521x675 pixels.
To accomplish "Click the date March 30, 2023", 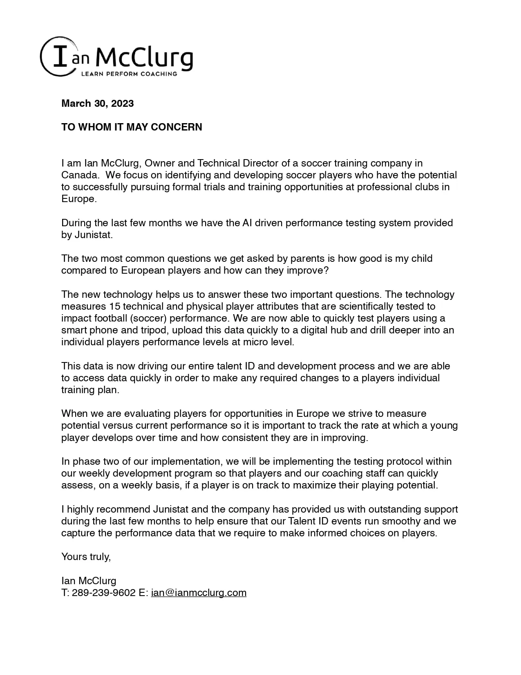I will pyautogui.click(x=97, y=103).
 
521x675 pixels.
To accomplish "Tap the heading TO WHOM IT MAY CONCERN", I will pyautogui.click(x=132, y=127).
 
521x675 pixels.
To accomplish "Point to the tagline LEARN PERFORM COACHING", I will pyautogui.click(x=129, y=74).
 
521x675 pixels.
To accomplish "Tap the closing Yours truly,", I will pyautogui.click(x=86, y=557).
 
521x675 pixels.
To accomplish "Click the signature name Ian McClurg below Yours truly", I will pyautogui.click(x=89, y=581).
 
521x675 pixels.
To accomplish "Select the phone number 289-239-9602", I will pyautogui.click(x=103, y=593).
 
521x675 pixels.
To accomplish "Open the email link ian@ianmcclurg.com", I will pyautogui.click(x=199, y=593).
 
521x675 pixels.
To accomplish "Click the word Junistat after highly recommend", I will pyautogui.click(x=171, y=509).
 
